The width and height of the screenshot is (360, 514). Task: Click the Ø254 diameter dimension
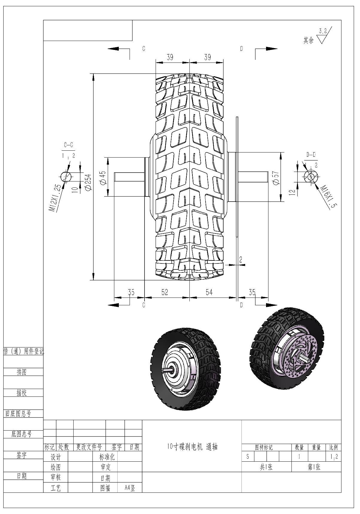(x=88, y=182)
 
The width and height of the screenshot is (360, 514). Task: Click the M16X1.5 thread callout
(x=328, y=196)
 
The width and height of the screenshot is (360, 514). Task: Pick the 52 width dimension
(x=165, y=292)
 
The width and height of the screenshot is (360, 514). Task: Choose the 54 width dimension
(x=209, y=292)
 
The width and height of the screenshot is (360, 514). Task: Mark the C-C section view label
(x=69, y=145)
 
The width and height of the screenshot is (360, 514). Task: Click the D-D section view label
(x=311, y=155)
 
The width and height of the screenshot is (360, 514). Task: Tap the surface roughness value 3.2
(x=323, y=31)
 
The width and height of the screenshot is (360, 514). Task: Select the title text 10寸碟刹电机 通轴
(x=192, y=447)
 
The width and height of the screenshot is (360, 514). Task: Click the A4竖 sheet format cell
(x=130, y=488)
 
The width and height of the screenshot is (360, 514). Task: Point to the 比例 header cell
(x=333, y=447)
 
